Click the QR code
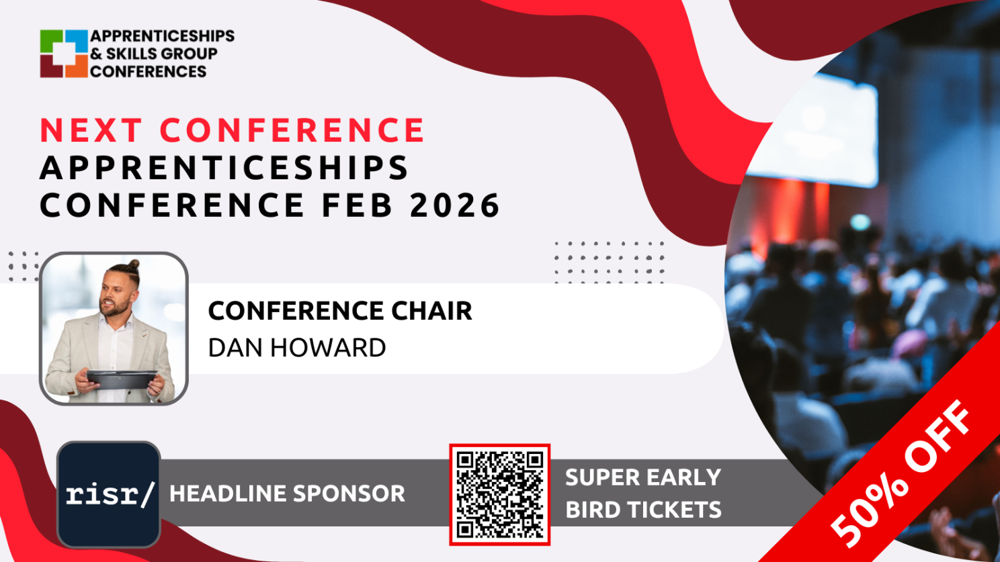499,495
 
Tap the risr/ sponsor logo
109,494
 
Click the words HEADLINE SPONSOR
287,494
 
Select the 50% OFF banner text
901,473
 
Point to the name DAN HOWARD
297,348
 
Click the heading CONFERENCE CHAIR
340,310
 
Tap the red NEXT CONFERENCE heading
232,130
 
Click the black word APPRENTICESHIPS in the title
224,168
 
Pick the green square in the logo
51,42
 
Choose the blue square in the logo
77,42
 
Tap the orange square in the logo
77,66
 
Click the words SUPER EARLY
643,477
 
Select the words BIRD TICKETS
643,510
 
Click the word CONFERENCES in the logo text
149,71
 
